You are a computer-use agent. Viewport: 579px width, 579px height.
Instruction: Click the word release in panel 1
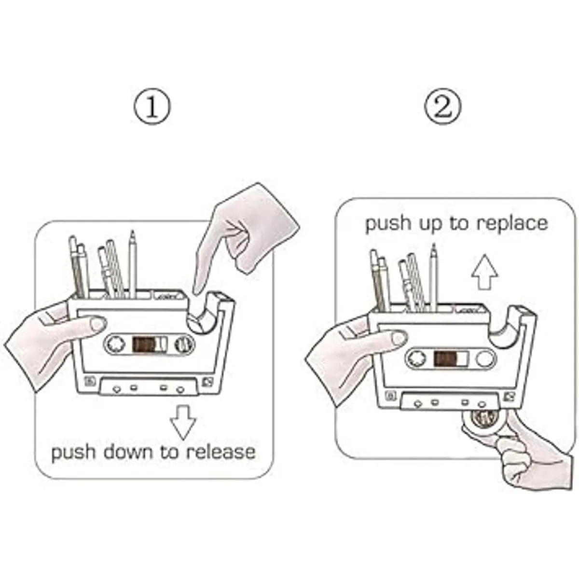click(x=221, y=452)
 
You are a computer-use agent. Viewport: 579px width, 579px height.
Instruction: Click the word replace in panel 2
click(x=512, y=223)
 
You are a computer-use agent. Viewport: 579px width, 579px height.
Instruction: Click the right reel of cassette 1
click(x=184, y=344)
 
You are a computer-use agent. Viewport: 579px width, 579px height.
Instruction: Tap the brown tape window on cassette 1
click(x=143, y=345)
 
